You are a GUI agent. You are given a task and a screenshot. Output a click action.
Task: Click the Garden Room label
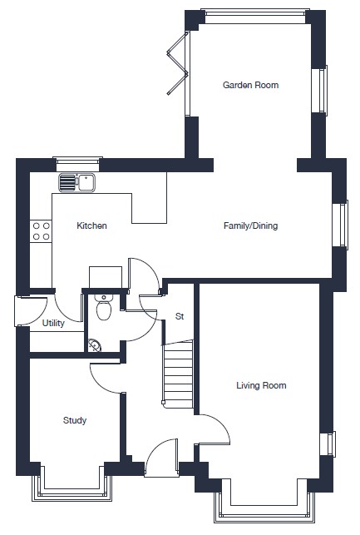click(x=250, y=85)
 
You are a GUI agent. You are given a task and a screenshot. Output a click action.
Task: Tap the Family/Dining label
click(x=250, y=225)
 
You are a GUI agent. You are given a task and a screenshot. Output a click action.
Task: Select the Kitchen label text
click(x=91, y=225)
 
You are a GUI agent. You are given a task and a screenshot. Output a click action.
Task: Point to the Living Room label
click(x=261, y=385)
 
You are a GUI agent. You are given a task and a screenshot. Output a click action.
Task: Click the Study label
click(x=75, y=420)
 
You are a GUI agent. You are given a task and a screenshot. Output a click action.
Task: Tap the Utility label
click(x=53, y=323)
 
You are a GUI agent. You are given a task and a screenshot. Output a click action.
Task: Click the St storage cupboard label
click(x=180, y=316)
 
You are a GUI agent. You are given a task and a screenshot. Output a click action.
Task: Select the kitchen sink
click(x=77, y=182)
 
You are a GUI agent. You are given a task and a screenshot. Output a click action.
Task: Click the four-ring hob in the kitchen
click(x=41, y=231)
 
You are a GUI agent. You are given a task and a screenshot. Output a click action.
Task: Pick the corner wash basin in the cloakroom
click(x=94, y=345)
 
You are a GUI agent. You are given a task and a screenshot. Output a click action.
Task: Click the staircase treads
click(x=178, y=373)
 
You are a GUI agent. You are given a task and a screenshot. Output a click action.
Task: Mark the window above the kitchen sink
click(x=77, y=164)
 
